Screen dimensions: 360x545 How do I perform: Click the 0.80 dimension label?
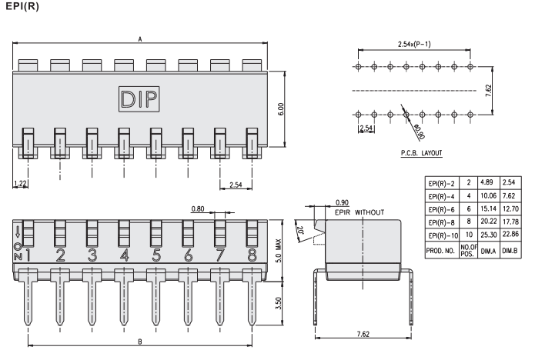pyautogui.click(x=199, y=208)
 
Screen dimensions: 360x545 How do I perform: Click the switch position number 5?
pyautogui.click(x=156, y=255)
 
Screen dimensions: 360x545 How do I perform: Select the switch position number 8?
pyautogui.click(x=252, y=255)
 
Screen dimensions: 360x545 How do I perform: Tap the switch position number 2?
pyautogui.click(x=60, y=255)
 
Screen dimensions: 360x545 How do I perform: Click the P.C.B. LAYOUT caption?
pyautogui.click(x=420, y=153)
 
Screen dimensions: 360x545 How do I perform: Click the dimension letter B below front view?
pyautogui.click(x=139, y=341)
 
